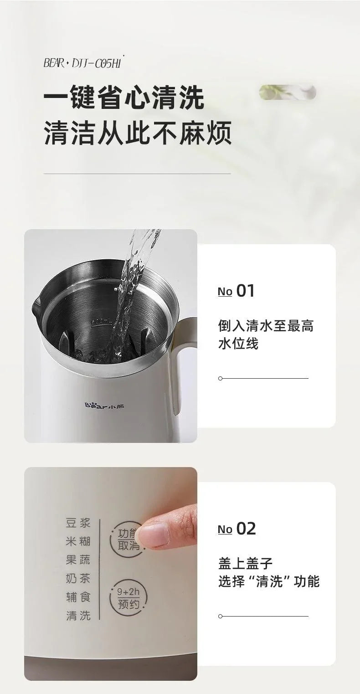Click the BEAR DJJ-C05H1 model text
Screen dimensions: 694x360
coord(83,62)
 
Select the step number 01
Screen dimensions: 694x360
coord(245,291)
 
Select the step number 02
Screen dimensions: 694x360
coord(246,529)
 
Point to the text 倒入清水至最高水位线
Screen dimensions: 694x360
coord(265,334)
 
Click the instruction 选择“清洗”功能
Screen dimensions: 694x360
coord(268,581)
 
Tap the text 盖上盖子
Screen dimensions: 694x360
coord(245,563)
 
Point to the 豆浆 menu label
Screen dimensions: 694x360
coord(78,523)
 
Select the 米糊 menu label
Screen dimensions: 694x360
coord(78,541)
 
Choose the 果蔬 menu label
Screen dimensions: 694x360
coord(78,560)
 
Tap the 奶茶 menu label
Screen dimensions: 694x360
coord(78,579)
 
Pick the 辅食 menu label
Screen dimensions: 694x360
coord(78,597)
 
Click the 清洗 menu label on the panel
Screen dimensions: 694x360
coord(78,616)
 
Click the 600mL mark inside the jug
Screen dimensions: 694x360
coord(101,322)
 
